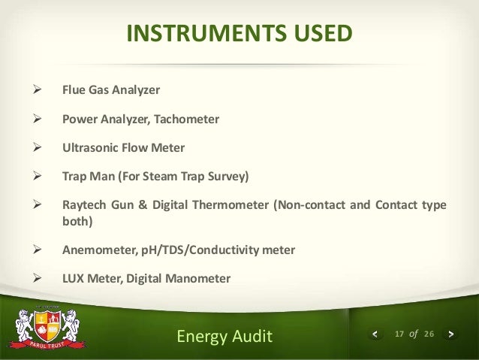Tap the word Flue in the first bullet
click(73, 90)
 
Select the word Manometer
click(197, 278)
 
